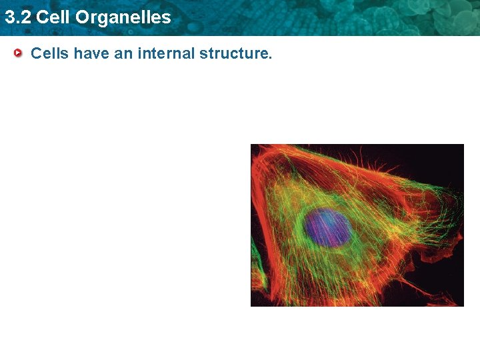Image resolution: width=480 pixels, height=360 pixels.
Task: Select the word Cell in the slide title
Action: [x=53, y=17]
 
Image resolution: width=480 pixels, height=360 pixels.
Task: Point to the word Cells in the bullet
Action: [x=50, y=53]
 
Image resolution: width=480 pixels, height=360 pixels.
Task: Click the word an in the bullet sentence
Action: [x=123, y=53]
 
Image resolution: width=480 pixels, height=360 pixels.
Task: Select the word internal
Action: [x=166, y=53]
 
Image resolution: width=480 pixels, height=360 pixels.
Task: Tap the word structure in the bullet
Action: [x=233, y=53]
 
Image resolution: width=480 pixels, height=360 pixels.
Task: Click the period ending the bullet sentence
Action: [x=270, y=57]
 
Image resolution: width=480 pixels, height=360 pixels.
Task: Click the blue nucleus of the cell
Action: [x=328, y=227]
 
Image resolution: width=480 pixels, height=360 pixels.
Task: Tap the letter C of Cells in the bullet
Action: [x=36, y=53]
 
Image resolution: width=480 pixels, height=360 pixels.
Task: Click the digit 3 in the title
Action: [x=9, y=17]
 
